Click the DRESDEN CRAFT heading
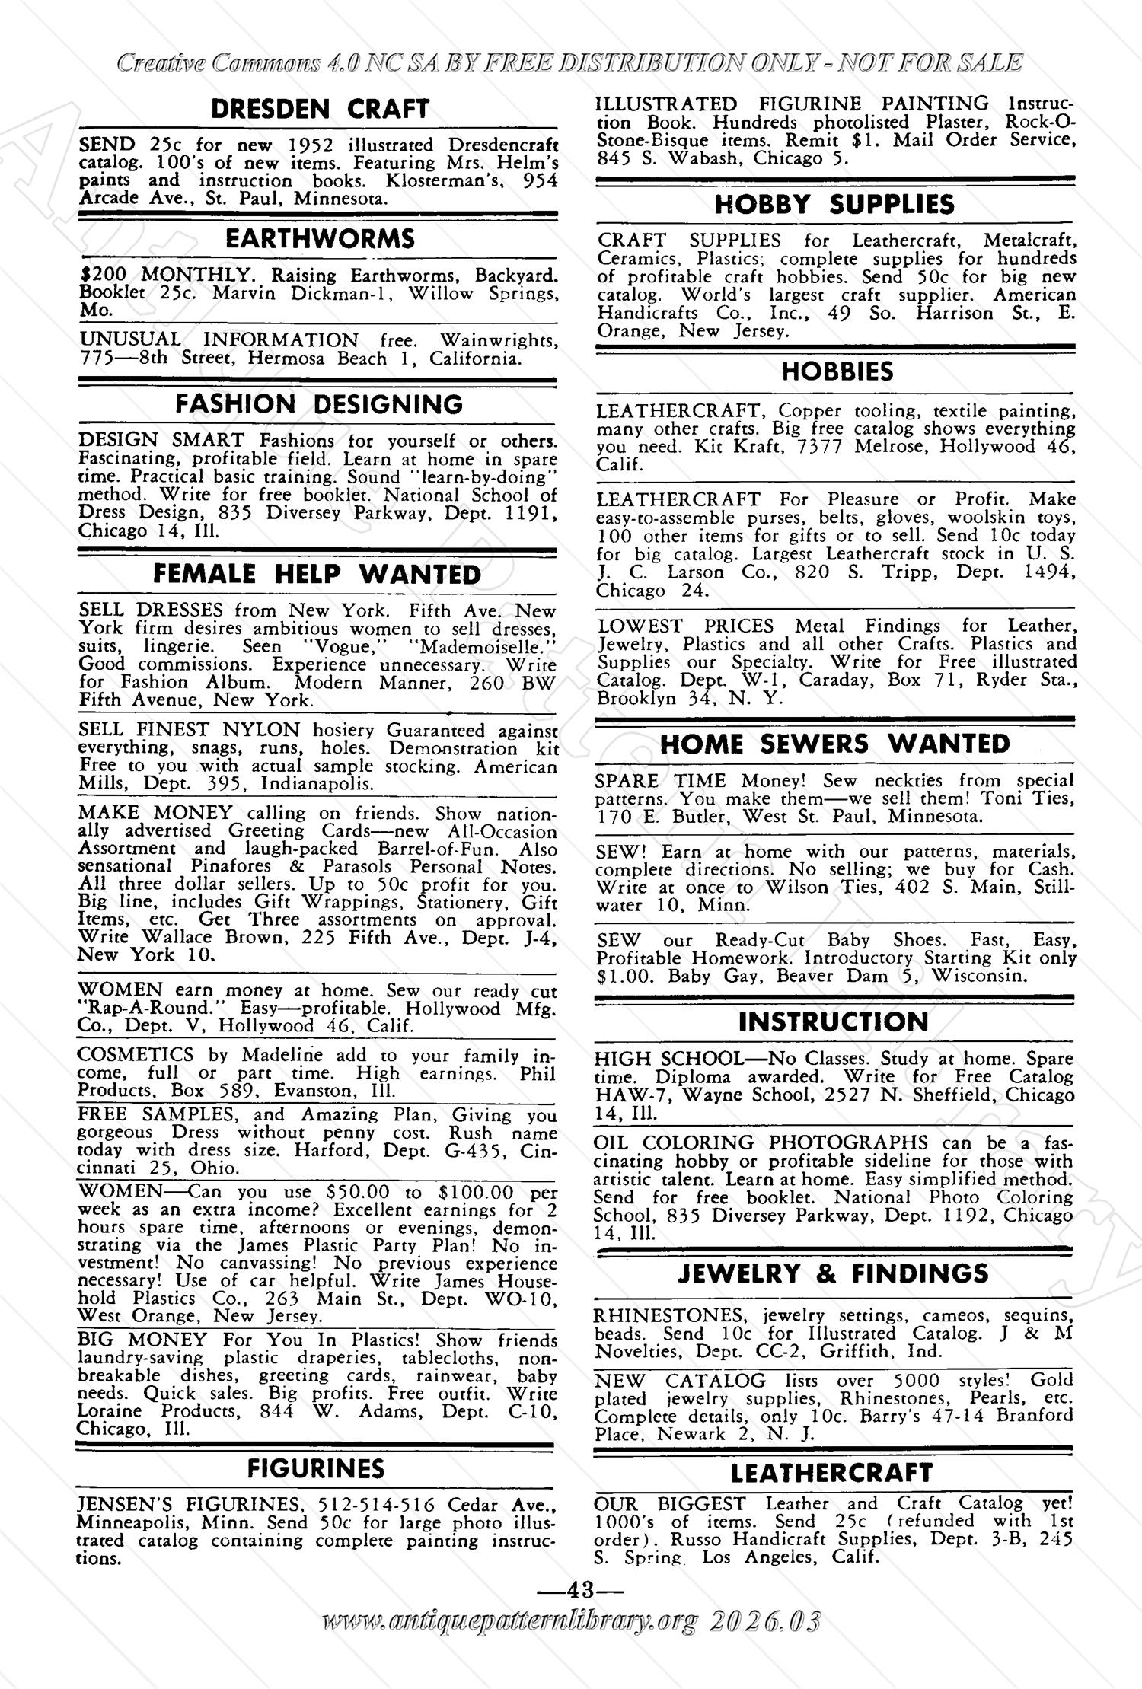coord(319,109)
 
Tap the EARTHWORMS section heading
coord(319,238)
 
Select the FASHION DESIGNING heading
coord(319,403)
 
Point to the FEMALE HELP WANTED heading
coord(317,574)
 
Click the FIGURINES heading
coord(316,1468)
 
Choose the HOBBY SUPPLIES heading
coord(834,204)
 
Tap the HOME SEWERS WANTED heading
coord(834,744)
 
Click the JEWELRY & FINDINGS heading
coord(833,1273)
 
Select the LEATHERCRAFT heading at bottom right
coord(831,1472)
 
